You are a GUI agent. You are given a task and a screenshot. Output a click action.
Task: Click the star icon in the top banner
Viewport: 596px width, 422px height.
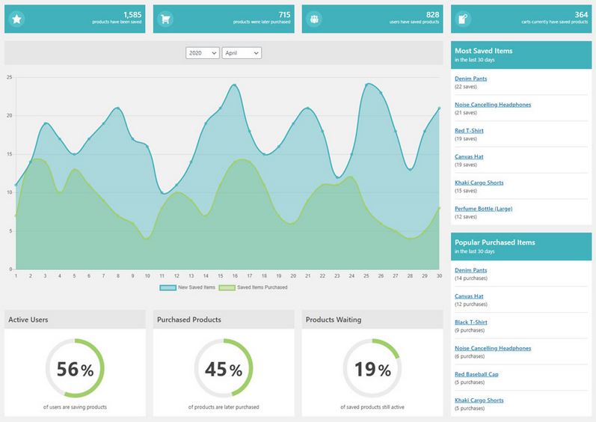pyautogui.click(x=16, y=19)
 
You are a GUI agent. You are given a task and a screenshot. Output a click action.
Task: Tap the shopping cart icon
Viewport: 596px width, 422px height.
pyautogui.click(x=165, y=19)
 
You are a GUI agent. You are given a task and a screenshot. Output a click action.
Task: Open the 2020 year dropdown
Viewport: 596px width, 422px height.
pyautogui.click(x=203, y=53)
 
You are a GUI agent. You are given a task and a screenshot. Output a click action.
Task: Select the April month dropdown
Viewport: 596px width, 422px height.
pyautogui.click(x=242, y=53)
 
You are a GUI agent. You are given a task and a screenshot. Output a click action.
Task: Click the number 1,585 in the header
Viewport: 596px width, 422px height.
pyautogui.click(x=132, y=14)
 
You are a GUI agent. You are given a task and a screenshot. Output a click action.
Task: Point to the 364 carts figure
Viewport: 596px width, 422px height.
pyautogui.click(x=581, y=14)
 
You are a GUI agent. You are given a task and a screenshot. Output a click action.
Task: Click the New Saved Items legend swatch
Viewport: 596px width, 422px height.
pyautogui.click(x=168, y=288)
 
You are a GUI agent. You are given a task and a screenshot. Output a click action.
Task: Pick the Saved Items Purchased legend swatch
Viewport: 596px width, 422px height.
pyautogui.click(x=227, y=288)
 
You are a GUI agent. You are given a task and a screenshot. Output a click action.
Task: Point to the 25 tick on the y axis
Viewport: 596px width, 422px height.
pyautogui.click(x=10, y=77)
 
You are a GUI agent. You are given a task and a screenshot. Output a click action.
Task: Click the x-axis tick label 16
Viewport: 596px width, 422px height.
pyautogui.click(x=235, y=275)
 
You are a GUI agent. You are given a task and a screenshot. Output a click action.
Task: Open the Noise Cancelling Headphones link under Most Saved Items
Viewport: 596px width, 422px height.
pyautogui.click(x=493, y=105)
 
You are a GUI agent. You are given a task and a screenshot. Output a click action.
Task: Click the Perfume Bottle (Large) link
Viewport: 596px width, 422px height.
pyautogui.click(x=484, y=209)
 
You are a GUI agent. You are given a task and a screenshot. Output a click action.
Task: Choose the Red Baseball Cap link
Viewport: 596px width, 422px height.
pyautogui.click(x=476, y=374)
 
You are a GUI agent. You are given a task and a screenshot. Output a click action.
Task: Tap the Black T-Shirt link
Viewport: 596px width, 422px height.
pyautogui.click(x=470, y=322)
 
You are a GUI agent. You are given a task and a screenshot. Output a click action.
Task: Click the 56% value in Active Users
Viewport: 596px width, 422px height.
pyautogui.click(x=75, y=369)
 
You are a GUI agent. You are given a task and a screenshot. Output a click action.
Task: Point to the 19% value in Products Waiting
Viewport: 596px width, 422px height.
pyautogui.click(x=372, y=369)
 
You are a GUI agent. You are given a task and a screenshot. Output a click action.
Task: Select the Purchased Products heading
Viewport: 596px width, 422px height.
pyautogui.click(x=189, y=319)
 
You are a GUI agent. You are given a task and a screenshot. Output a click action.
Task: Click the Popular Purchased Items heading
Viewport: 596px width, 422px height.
pyautogui.click(x=495, y=242)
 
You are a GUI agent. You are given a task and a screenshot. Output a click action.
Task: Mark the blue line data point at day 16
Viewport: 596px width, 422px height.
pyautogui.click(x=235, y=85)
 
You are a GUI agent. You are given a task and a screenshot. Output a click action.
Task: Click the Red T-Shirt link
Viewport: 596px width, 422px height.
pyautogui.click(x=469, y=130)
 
